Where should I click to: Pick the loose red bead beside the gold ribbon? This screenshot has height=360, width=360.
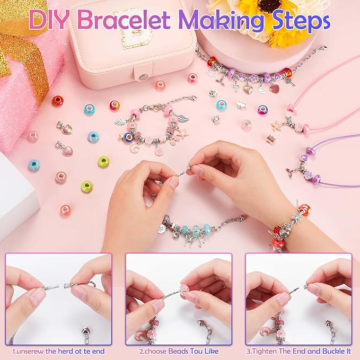click(x=57, y=100)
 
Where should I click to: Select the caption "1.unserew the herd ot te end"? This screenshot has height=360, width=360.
click(x=58, y=350)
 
